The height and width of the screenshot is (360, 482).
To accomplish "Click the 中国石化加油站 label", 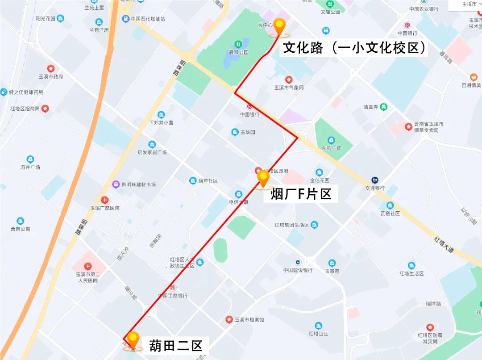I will (x=148, y=19).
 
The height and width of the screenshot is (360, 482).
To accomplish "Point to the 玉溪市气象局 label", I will (x=289, y=88).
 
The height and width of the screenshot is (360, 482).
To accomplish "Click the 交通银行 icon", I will (x=375, y=180).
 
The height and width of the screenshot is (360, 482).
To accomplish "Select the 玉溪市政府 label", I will (x=51, y=76).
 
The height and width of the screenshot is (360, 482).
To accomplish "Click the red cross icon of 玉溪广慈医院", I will (x=104, y=200).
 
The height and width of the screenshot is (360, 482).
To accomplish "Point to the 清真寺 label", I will (x=371, y=107).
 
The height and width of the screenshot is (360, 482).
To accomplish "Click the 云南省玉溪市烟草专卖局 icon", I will (x=408, y=127).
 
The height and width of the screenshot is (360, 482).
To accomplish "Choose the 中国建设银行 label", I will (x=298, y=270).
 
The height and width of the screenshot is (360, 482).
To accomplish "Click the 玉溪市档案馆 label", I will (x=249, y=320).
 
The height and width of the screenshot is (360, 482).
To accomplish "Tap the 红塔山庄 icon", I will (x=318, y=326).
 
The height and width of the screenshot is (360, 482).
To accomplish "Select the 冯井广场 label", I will (x=30, y=167).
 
